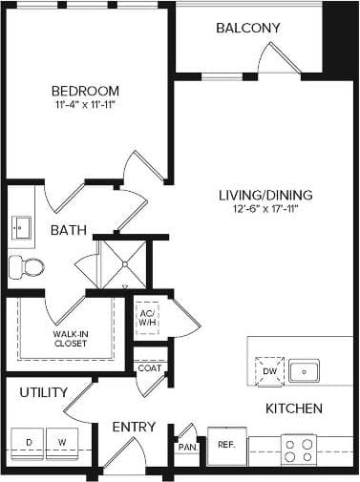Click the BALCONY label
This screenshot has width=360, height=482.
coord(247,28)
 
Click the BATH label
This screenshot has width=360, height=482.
coord(69,230)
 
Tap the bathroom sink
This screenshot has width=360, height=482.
coord(21,228)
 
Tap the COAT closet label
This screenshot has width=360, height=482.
coord(148,367)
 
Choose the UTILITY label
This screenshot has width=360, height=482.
coord(43,392)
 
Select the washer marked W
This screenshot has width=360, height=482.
coord(61,442)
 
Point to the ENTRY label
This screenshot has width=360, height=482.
coord(134,427)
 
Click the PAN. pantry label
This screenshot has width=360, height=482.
coord(187,446)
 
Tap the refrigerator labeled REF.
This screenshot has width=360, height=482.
coord(226,445)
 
